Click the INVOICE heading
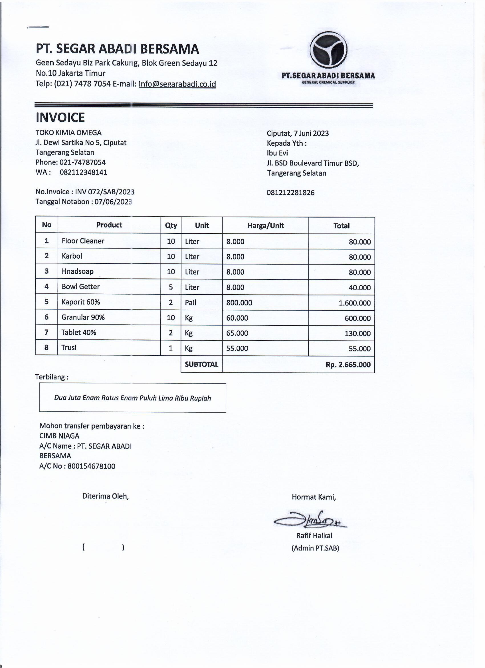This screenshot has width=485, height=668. coord(60,117)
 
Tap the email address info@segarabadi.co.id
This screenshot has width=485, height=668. coord(177,84)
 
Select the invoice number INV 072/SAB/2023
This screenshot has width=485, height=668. coord(105,192)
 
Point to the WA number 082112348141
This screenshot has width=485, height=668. coord(84,172)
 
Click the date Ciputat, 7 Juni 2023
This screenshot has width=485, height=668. coord(298,133)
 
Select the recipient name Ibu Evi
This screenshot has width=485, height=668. coord(277,153)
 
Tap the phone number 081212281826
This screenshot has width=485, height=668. coord(290,193)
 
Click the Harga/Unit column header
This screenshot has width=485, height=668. coord(265,226)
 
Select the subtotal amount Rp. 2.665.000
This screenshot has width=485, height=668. coord(348,365)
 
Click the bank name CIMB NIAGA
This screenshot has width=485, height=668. coord(59,436)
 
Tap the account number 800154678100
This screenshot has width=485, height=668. coord(91,466)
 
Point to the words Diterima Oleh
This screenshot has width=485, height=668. coord(106,496)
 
